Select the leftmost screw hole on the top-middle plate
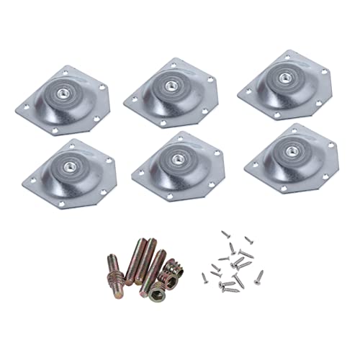pos(130,102)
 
